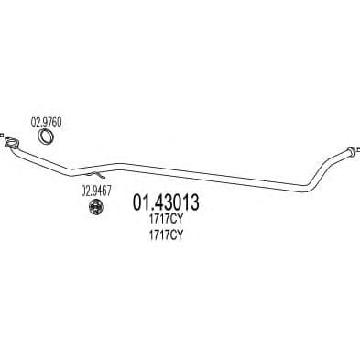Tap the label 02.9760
click(x=48, y=121)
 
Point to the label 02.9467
click(x=95, y=191)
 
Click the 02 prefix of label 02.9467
click(x=85, y=191)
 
